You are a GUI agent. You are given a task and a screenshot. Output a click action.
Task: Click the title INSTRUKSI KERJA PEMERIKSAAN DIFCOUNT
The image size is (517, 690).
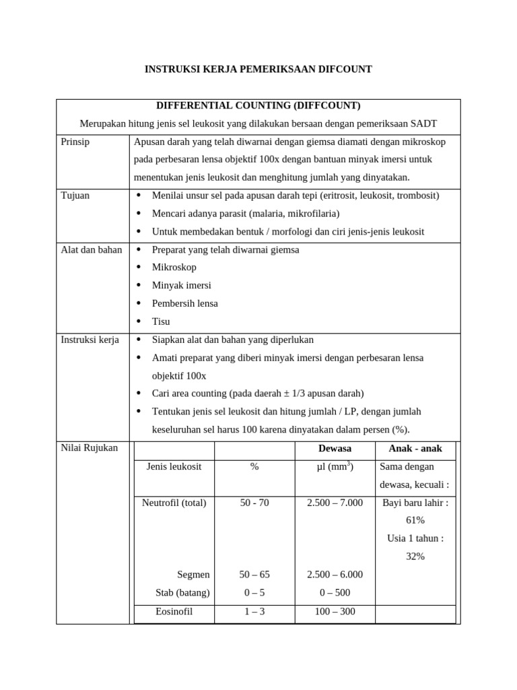pyautogui.click(x=258, y=69)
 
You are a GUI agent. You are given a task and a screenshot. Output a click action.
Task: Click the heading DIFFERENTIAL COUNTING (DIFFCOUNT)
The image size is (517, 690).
pyautogui.click(x=258, y=106)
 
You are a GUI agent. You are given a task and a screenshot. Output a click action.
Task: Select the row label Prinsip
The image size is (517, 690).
pyautogui.click(x=75, y=142)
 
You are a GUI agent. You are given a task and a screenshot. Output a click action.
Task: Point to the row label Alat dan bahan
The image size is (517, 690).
pyautogui.click(x=92, y=249)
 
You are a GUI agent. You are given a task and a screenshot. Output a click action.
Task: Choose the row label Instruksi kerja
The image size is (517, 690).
pyautogui.click(x=90, y=340)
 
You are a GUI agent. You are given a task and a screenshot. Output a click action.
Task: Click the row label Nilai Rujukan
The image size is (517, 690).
pyautogui.click(x=89, y=448)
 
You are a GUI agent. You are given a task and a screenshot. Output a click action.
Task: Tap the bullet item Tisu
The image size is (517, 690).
pyautogui.click(x=162, y=321)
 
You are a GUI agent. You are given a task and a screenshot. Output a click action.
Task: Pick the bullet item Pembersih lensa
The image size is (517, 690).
pyautogui.click(x=184, y=303)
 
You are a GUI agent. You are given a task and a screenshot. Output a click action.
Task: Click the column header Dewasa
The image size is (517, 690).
pyautogui.click(x=335, y=449)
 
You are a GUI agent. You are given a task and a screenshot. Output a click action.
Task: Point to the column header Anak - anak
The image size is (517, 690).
pyautogui.click(x=415, y=449)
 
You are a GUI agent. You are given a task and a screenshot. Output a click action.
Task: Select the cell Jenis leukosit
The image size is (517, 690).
pyautogui.click(x=174, y=466)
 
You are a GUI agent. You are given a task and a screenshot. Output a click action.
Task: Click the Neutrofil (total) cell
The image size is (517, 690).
pyautogui.click(x=174, y=503)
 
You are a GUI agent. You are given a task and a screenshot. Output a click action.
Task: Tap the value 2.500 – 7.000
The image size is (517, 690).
pyautogui.click(x=335, y=503)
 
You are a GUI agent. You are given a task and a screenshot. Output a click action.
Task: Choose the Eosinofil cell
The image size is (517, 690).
pyautogui.click(x=174, y=612)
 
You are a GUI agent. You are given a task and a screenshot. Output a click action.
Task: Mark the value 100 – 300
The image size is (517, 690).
pyautogui.click(x=335, y=612)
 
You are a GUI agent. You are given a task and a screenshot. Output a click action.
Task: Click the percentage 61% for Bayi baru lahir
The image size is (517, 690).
pyautogui.click(x=415, y=520)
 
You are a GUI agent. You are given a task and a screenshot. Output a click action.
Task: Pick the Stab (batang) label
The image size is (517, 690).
pyautogui.click(x=182, y=593)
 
